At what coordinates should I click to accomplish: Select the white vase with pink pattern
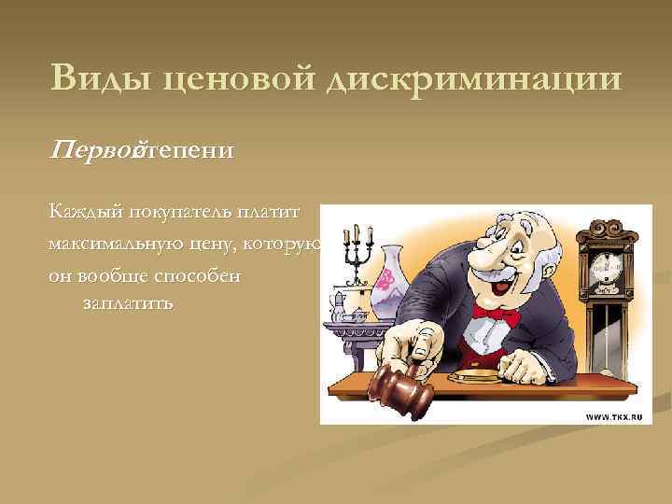click(385, 281)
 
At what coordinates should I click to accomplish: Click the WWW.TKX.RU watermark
click(613, 418)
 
